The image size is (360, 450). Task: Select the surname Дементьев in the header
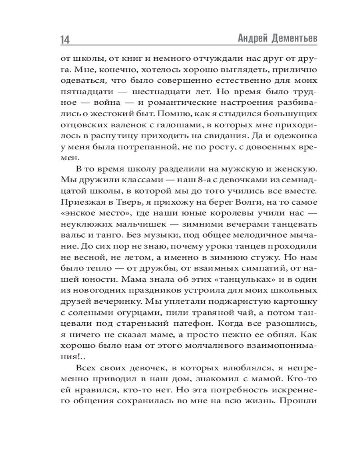[295, 38]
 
